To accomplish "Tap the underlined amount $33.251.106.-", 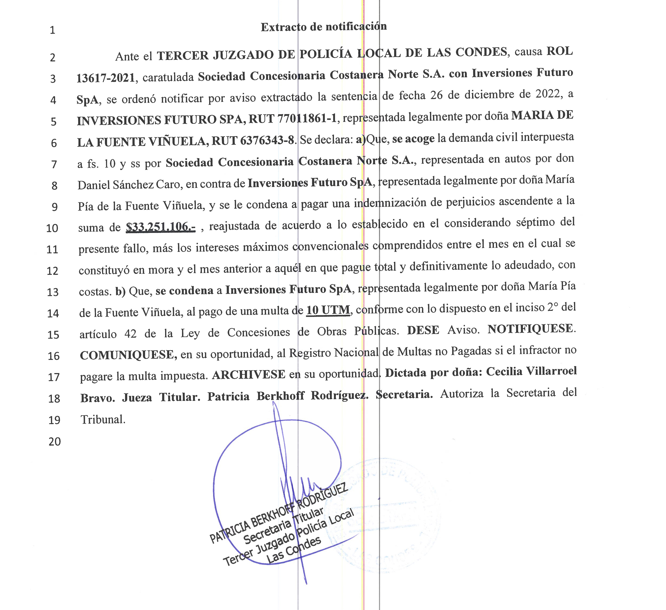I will click(161, 227).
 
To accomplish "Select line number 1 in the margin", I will click(52, 30).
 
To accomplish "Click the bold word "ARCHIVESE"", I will click(248, 374).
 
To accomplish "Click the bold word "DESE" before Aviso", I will click(423, 330).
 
